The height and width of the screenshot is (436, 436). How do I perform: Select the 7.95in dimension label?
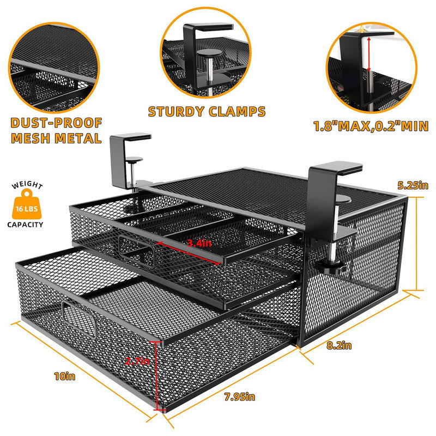239,396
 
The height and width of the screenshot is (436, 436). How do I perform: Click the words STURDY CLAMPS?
207,112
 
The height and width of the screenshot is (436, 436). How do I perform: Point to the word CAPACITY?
26,224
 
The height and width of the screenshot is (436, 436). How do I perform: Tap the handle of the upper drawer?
136,250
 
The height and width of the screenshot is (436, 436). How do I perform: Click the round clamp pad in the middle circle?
207,53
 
